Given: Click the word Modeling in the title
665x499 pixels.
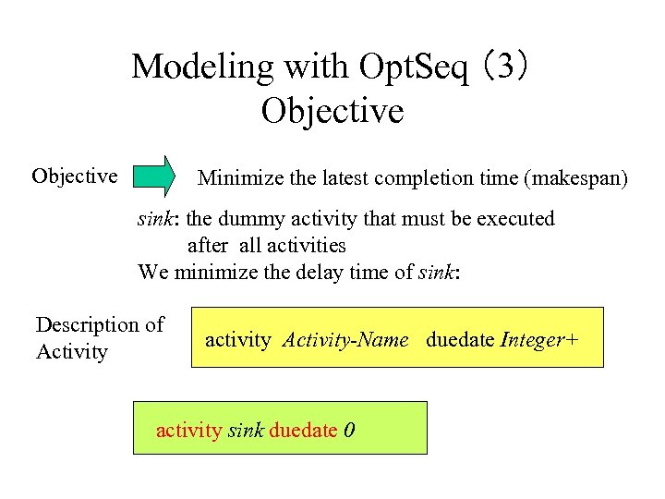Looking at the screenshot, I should [189, 67].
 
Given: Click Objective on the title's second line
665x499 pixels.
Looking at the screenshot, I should [332, 111].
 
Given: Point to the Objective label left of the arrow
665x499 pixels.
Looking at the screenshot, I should [74, 176].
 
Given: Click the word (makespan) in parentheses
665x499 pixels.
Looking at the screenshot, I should [575, 177].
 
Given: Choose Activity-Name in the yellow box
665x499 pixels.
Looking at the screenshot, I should [345, 340].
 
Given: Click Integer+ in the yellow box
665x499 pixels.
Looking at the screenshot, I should [539, 340].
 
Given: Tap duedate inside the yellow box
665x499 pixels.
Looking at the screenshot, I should [460, 340].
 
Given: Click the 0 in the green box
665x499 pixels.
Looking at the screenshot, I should [349, 431].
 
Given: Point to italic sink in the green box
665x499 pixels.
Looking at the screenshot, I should [246, 431].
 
